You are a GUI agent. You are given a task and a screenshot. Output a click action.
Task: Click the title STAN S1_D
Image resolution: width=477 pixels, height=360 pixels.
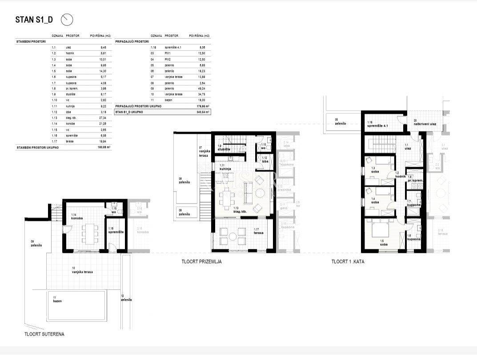point(34,20)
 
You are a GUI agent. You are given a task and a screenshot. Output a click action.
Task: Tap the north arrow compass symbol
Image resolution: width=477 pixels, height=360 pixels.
point(67,20)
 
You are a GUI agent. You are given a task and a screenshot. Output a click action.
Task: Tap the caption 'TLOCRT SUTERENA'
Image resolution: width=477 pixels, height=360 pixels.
point(44,334)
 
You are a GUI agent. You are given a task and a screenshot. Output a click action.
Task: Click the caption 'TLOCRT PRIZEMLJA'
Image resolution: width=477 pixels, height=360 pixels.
point(201,262)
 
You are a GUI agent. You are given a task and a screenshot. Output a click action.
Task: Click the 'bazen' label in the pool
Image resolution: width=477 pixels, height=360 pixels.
point(57,301)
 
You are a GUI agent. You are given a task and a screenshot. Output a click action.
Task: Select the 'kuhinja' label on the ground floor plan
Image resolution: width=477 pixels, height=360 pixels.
point(226,168)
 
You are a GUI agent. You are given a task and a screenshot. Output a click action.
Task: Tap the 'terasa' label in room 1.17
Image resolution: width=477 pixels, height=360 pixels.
point(259,232)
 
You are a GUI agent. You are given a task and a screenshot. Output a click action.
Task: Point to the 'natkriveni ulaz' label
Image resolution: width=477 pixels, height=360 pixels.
point(425,124)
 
